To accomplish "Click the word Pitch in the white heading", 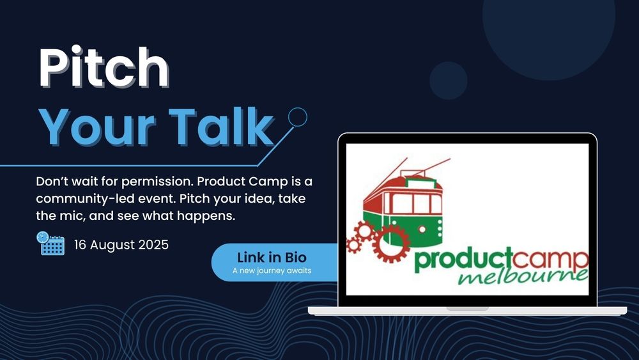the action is [x=104, y=67].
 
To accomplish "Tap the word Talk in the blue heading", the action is [x=221, y=127].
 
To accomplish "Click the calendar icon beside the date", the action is [x=50, y=244].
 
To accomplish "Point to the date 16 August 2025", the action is [x=121, y=245].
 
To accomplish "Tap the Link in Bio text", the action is [x=272, y=258].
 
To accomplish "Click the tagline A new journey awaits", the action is [x=272, y=270].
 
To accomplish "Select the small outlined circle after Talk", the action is [x=298, y=117].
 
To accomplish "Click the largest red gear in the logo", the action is [x=391, y=243].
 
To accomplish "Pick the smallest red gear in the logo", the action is [x=353, y=246].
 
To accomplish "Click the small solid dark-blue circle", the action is [x=449, y=81].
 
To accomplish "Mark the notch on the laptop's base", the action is [x=468, y=309].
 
